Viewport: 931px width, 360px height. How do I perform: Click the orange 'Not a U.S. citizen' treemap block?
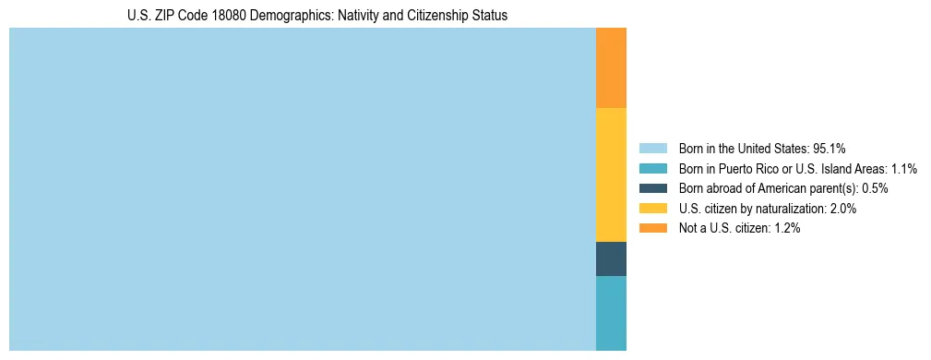tap(611, 67)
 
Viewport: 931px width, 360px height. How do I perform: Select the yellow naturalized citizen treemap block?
tap(611, 174)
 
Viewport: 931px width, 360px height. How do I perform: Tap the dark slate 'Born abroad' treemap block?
tap(611, 258)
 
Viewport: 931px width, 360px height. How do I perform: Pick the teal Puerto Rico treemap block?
tap(611, 313)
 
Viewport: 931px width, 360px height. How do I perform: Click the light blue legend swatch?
tap(652, 149)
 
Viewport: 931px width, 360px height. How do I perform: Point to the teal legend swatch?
tap(652, 169)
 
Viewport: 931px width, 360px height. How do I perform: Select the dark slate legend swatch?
tap(652, 188)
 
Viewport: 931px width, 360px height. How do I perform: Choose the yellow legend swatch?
tap(652, 209)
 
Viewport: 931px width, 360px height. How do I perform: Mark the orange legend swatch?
tap(652, 228)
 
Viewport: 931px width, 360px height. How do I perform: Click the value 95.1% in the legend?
tap(829, 149)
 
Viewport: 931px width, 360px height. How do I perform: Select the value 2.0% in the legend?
tap(841, 209)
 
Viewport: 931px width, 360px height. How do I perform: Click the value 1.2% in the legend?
tap(784, 228)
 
